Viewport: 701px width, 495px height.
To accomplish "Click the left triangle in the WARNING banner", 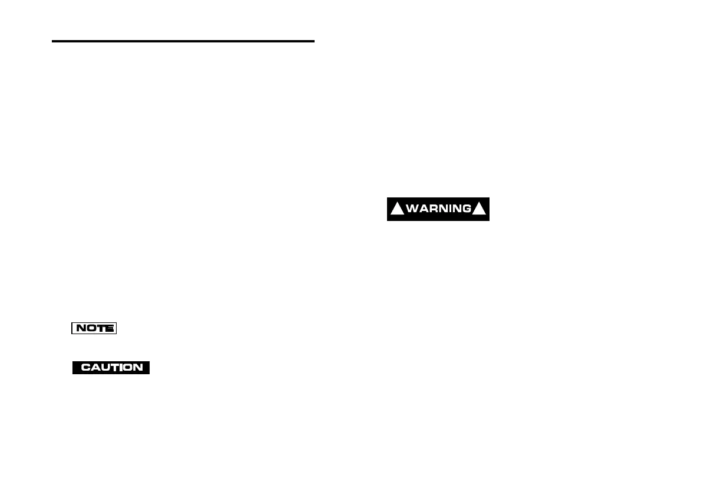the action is point(398,209).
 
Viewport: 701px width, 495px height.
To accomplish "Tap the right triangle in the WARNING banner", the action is point(480,209).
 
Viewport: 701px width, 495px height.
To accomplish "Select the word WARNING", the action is point(438,209).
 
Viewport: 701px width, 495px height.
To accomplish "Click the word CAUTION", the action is point(111,367).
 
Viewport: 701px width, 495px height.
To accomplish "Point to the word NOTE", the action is point(94,328).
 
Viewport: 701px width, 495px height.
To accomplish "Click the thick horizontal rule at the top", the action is point(183,41).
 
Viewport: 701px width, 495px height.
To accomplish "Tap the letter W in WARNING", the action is point(412,209).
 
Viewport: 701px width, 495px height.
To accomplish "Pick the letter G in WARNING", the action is point(466,209).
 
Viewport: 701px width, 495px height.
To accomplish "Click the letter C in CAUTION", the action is point(85,367).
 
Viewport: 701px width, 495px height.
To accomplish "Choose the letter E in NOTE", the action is point(110,328).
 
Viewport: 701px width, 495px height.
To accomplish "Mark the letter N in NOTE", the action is point(80,328).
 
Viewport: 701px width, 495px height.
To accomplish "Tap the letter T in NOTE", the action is point(100,328).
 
